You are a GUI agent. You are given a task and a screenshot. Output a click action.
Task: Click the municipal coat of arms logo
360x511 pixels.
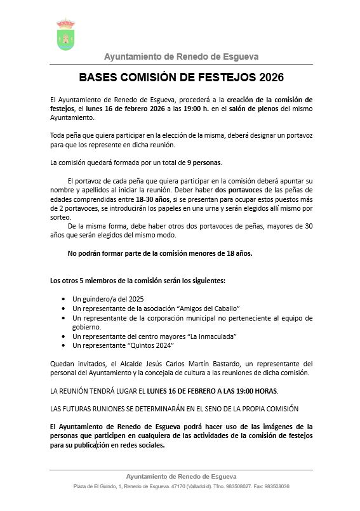coord(65,35)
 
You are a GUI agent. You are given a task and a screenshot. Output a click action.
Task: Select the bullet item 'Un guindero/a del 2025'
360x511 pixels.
coord(109,298)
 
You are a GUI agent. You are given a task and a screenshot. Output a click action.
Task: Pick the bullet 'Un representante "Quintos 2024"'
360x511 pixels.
coord(123,345)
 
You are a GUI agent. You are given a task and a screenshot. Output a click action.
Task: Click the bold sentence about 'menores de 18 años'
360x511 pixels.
coord(160,253)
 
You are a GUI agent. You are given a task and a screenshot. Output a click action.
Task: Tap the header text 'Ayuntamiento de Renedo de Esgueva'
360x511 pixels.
coord(181,56)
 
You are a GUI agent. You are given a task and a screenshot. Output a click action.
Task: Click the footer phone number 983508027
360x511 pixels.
coord(241,486)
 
